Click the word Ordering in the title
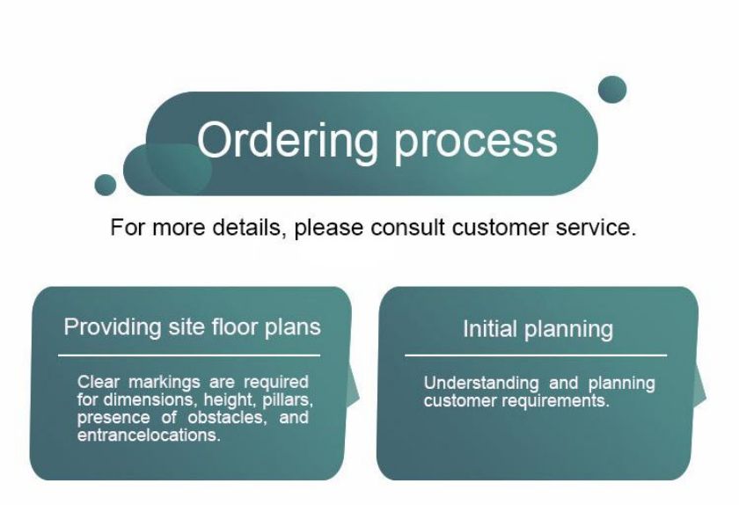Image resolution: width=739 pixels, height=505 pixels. pyautogui.click(x=288, y=142)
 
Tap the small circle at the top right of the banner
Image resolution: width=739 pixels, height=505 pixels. pyautogui.click(x=612, y=90)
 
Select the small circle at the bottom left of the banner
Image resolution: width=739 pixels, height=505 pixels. pyautogui.click(x=105, y=185)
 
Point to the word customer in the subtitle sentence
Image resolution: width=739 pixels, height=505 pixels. pyautogui.click(x=500, y=228)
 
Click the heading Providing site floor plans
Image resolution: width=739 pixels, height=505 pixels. pyautogui.click(x=193, y=327)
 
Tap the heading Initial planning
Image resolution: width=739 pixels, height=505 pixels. pyautogui.click(x=538, y=329)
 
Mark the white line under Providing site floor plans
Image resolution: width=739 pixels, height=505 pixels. pyautogui.click(x=189, y=355)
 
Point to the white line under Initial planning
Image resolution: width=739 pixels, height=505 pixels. pyautogui.click(x=536, y=355)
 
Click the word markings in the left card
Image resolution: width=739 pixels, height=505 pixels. pyautogui.click(x=164, y=382)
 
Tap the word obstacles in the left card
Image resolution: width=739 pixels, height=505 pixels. pyautogui.click(x=227, y=417)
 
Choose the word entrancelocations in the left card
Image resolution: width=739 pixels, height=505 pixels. pyautogui.click(x=149, y=435)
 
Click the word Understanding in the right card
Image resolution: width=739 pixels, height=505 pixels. pyautogui.click(x=481, y=384)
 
